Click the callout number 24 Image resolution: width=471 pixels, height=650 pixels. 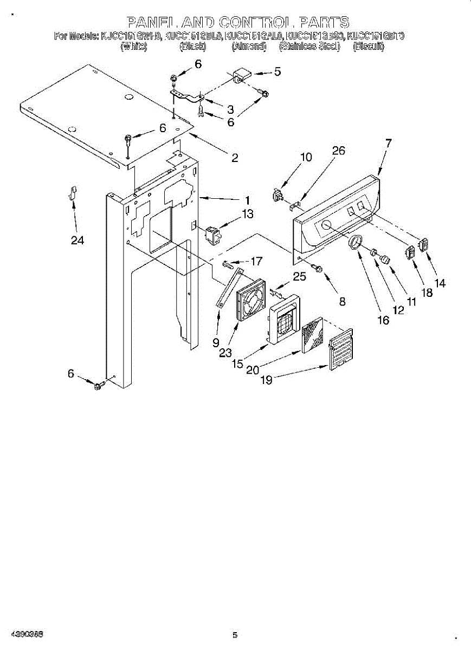click(x=78, y=240)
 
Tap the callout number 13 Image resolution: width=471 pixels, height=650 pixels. click(x=247, y=214)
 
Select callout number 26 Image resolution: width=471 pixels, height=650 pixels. click(x=338, y=151)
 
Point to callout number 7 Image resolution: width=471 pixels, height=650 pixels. click(x=388, y=143)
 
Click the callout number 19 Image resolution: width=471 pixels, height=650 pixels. click(x=266, y=380)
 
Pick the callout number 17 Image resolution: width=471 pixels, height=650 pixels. click(x=256, y=261)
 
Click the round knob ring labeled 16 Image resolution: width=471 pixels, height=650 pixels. click(x=355, y=243)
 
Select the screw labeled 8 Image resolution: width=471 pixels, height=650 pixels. click(x=318, y=267)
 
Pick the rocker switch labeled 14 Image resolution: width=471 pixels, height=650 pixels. click(x=424, y=245)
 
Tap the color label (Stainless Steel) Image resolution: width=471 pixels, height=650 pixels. click(x=309, y=47)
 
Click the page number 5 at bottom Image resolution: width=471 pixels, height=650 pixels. click(x=235, y=635)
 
